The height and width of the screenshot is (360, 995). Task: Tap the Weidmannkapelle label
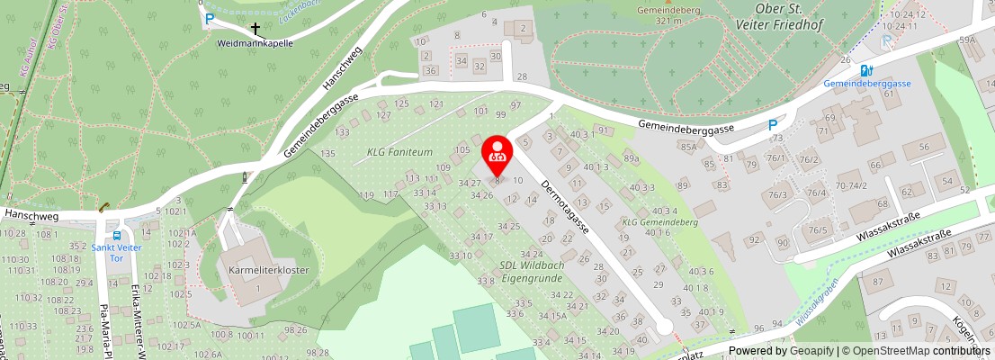(255, 42)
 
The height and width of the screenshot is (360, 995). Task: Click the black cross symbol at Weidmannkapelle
(255, 29)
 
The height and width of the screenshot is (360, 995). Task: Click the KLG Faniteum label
(400, 153)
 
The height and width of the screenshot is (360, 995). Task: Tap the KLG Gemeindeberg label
(660, 221)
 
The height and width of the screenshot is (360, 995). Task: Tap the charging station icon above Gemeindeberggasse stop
(865, 70)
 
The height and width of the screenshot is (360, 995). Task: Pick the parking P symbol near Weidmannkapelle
(210, 18)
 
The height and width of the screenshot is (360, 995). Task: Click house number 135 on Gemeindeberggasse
(327, 154)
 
